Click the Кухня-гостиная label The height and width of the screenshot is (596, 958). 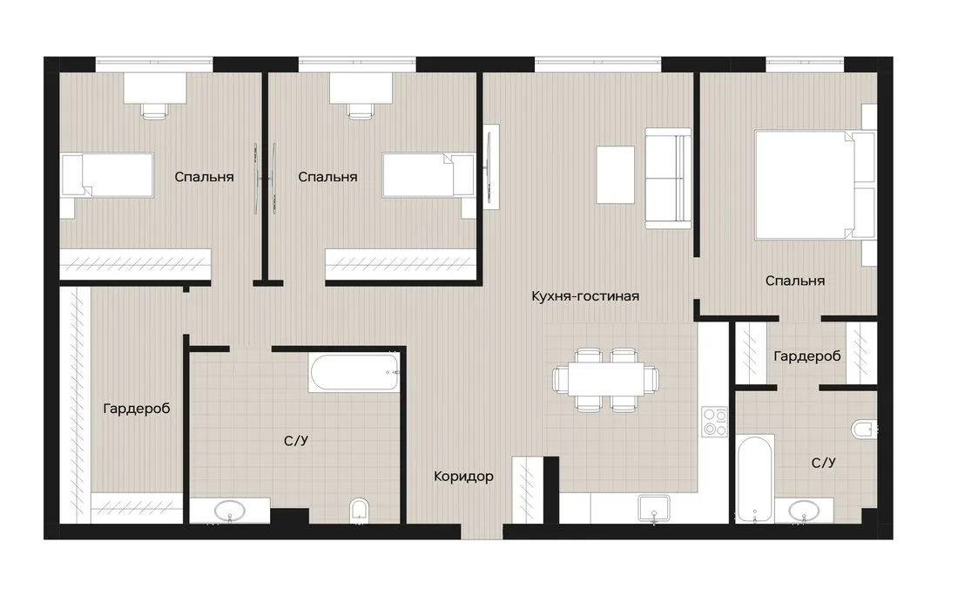coord(584,296)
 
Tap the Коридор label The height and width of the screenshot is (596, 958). coord(463,476)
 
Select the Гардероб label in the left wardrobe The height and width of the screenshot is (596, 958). coord(136,409)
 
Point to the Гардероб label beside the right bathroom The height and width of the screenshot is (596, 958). coord(807,356)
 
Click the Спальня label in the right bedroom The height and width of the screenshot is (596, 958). coord(795,281)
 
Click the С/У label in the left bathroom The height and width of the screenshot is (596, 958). coord(296,440)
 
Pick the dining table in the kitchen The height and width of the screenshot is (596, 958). coord(605,379)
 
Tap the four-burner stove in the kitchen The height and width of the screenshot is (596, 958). coord(715,422)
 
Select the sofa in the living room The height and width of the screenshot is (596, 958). coord(668,178)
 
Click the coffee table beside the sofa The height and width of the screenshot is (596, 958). coord(615,174)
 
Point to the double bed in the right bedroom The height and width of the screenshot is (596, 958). coord(814,184)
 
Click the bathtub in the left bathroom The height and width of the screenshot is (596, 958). coord(354,372)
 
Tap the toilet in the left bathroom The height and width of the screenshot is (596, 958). coord(359,511)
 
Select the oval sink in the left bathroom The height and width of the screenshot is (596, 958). coord(229,510)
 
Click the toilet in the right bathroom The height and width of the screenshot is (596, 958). coord(864,429)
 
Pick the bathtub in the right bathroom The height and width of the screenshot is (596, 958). coord(755,478)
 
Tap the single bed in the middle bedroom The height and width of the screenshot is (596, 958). coord(428,175)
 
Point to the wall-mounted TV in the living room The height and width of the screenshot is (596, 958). coord(490,167)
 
